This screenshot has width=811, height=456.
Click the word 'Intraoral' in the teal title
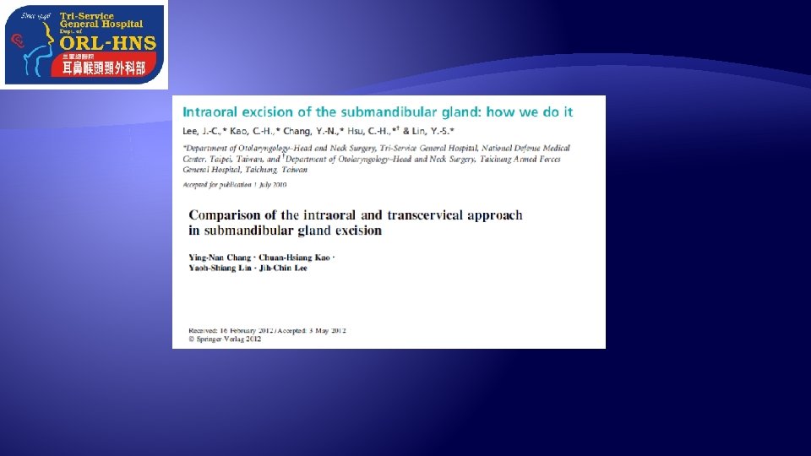tap(215, 112)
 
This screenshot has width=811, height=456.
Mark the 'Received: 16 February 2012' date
tap(223, 330)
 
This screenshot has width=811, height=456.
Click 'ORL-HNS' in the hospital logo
tap(107, 43)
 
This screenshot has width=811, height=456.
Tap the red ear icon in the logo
tap(16, 40)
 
